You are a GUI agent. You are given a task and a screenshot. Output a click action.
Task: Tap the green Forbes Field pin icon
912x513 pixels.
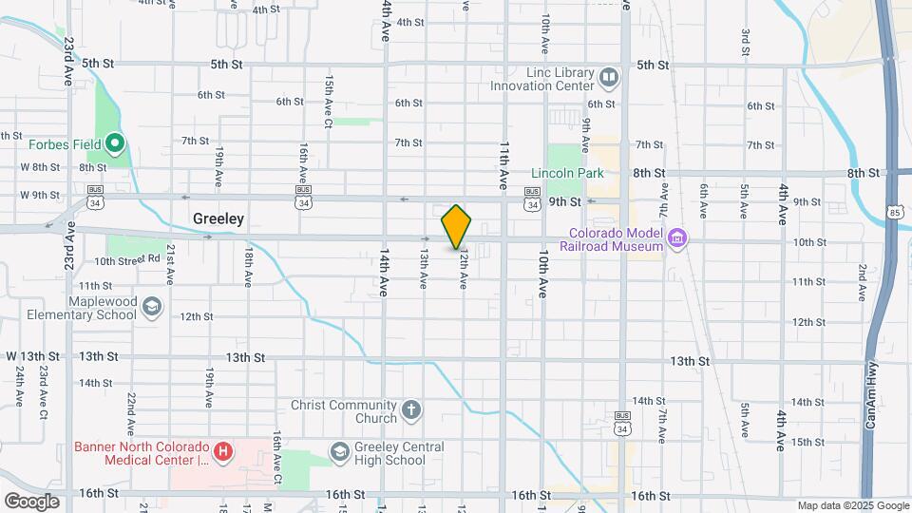[x=116, y=144]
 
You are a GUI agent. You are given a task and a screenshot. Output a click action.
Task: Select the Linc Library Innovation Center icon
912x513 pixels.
[x=609, y=76]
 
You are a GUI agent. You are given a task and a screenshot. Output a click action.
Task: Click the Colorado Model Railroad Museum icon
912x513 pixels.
[x=676, y=237]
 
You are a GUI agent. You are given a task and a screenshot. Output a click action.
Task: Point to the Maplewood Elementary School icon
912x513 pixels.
[x=152, y=306]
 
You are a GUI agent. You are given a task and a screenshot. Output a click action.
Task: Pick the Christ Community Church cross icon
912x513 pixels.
[x=410, y=410]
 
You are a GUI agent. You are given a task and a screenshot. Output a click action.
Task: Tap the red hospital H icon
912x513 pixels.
[x=222, y=451]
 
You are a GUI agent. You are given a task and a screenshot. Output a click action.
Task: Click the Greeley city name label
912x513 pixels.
[x=218, y=218]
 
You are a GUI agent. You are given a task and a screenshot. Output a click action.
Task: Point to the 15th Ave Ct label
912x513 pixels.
[x=329, y=101]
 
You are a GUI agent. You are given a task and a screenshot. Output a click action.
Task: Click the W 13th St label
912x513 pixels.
[x=33, y=355]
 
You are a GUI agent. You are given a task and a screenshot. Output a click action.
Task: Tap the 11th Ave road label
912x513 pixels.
[x=504, y=163]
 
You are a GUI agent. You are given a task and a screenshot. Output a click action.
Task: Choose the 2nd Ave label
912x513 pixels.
[x=863, y=281]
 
